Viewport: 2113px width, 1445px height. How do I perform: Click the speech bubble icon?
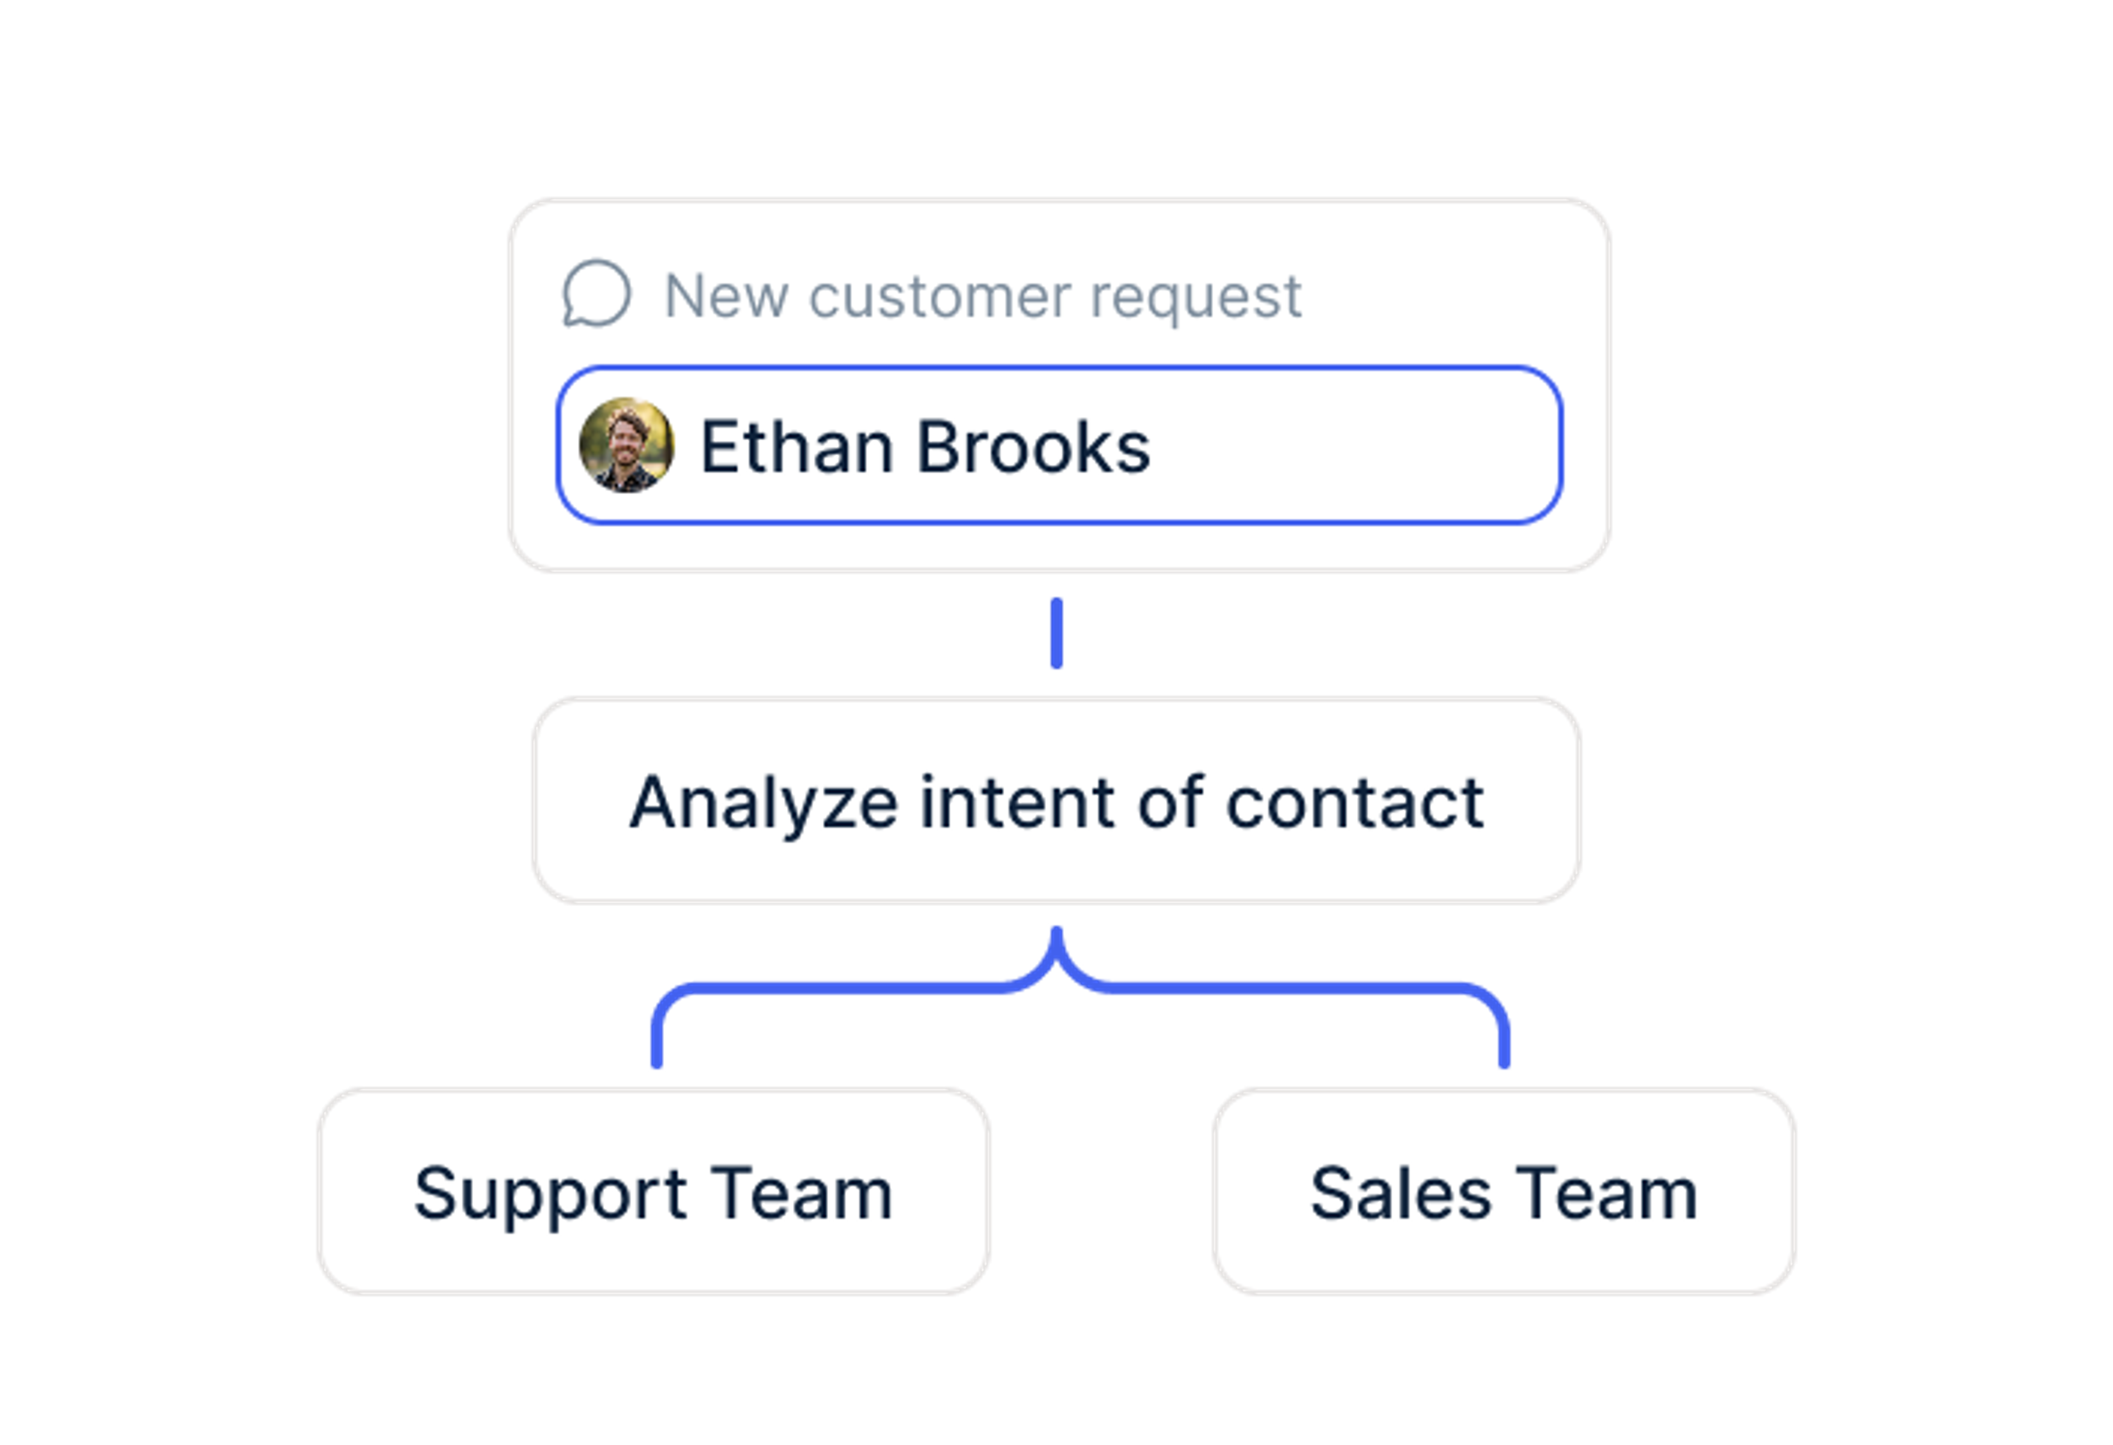pos(596,294)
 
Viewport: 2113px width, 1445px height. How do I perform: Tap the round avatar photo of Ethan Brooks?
pos(626,445)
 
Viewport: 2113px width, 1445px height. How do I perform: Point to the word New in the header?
pos(726,297)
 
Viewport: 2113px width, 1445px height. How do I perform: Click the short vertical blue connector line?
pos(1056,633)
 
